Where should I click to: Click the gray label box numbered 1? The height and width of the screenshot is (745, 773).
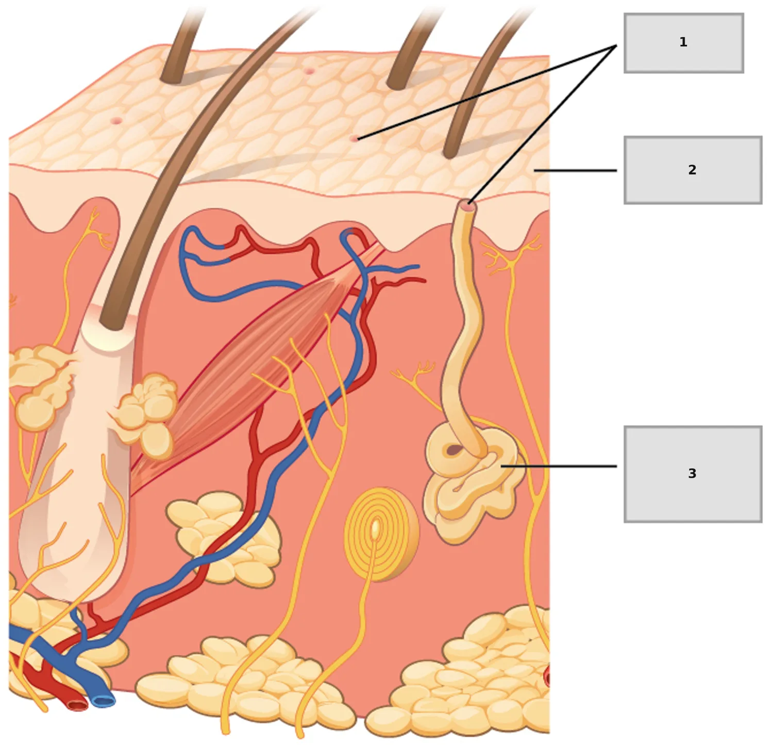click(683, 43)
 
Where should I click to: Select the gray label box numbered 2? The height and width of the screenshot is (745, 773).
click(693, 170)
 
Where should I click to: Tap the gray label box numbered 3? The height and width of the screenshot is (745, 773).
click(693, 474)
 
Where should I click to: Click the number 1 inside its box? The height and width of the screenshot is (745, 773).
click(683, 42)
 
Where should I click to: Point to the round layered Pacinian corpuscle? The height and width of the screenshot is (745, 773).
click(381, 535)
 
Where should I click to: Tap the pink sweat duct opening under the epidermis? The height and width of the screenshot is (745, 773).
click(467, 205)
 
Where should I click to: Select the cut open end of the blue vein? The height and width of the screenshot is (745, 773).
click(103, 701)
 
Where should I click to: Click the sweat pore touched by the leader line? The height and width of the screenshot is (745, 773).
click(354, 138)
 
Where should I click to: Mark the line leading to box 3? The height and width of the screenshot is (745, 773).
click(559, 466)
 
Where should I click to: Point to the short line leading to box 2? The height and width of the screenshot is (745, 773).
click(575, 170)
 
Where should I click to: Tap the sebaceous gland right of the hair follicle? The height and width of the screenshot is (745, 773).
click(145, 415)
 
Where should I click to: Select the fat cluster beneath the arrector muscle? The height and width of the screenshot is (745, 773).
click(225, 539)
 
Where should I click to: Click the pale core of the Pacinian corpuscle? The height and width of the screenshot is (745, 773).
click(376, 529)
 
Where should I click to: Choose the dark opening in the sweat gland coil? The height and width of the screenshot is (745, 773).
click(454, 450)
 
